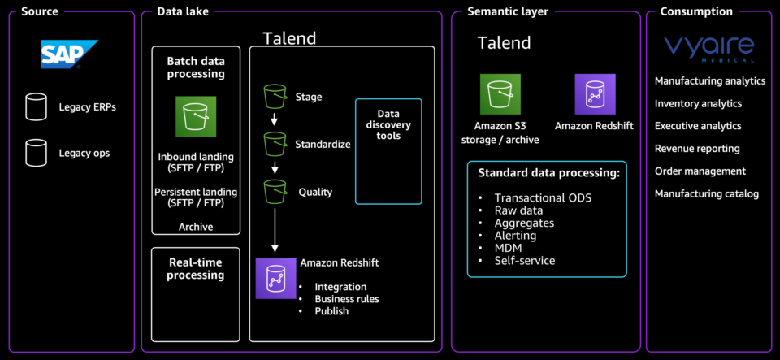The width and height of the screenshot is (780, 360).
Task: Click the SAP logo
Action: point(69,54)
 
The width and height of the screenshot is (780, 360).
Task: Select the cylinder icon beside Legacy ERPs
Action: point(36,106)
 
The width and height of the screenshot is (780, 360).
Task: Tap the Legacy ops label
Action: point(84,153)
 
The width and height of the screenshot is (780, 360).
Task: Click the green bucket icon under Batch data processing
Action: point(195,116)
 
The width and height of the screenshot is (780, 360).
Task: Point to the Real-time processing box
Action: point(195,269)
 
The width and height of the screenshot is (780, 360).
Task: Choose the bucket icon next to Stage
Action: point(276,97)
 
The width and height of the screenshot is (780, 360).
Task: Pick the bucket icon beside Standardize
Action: point(276,145)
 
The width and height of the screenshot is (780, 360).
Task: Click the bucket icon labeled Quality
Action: point(276,192)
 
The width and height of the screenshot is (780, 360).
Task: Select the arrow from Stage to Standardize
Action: point(275,120)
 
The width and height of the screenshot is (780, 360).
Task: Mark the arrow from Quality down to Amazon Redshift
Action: point(275,232)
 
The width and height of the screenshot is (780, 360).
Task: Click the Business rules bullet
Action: point(347,299)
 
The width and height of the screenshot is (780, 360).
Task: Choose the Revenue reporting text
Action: point(697,149)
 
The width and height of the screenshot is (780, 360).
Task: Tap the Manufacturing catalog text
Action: point(707,194)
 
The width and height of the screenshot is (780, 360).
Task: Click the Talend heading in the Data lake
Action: point(289,39)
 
